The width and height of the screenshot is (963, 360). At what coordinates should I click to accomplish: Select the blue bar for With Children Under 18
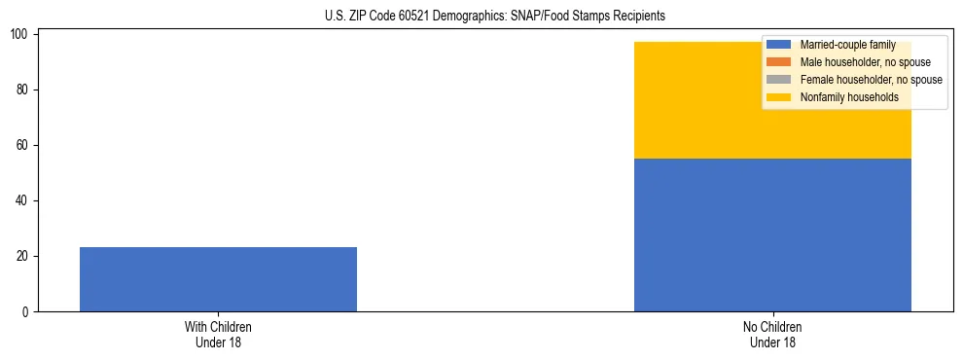coord(218,279)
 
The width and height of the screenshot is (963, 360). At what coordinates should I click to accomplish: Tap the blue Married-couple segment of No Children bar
coord(772,234)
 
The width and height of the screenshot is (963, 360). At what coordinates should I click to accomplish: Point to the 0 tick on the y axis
coord(27,312)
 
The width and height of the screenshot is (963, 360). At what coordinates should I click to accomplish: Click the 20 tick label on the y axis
coord(24,257)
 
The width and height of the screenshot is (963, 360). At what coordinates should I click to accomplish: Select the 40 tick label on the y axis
coord(24,201)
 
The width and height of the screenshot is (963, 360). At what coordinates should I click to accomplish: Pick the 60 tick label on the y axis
coord(24,146)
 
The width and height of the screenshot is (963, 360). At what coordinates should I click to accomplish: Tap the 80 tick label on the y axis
coord(24,90)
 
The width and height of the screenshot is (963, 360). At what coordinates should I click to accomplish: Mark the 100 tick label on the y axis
coord(21,35)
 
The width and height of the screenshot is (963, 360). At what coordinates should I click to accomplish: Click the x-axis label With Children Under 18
coord(218,334)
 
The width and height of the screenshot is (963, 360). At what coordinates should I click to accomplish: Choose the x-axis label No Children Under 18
coord(772,334)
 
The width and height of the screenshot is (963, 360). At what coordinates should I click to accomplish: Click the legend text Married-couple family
coord(847,45)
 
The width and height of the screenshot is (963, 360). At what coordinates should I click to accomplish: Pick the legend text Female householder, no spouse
coord(871,80)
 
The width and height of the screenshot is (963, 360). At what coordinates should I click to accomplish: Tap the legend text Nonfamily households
coord(849,97)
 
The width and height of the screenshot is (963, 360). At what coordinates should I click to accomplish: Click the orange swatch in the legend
coord(779,62)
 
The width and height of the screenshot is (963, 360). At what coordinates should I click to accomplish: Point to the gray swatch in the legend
coord(779,80)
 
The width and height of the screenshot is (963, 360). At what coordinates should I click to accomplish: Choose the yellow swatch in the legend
coord(779,97)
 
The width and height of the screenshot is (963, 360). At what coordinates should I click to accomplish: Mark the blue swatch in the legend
coord(779,45)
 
